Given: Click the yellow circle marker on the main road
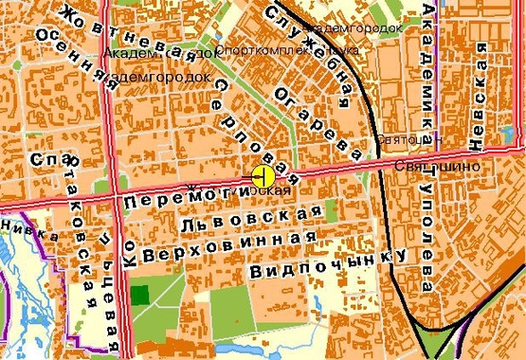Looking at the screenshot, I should click(x=263, y=175).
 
